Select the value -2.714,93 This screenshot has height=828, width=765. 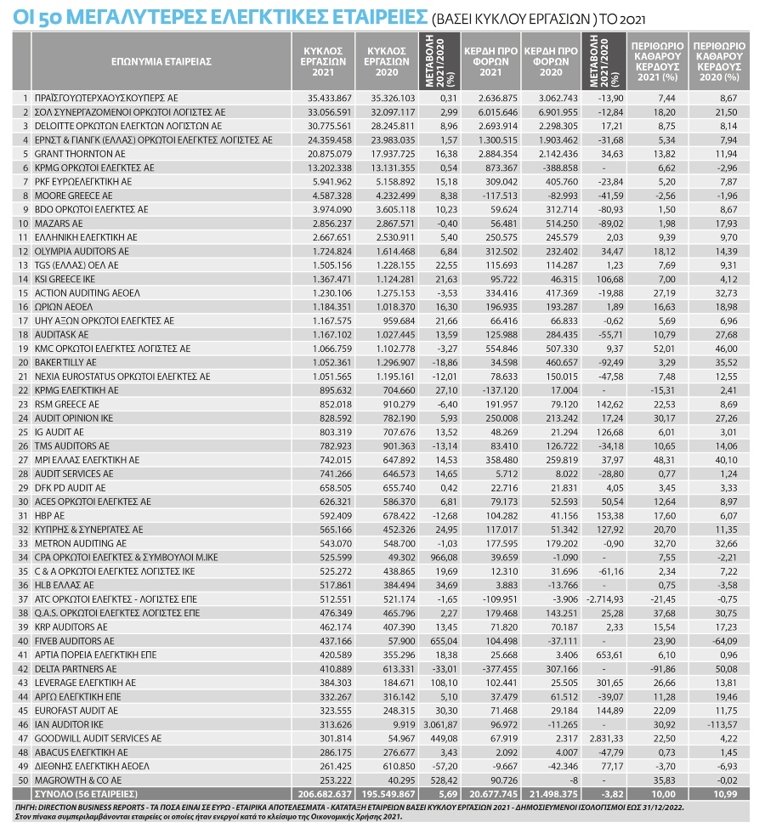(603, 598)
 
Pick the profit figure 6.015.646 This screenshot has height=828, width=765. (493, 111)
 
